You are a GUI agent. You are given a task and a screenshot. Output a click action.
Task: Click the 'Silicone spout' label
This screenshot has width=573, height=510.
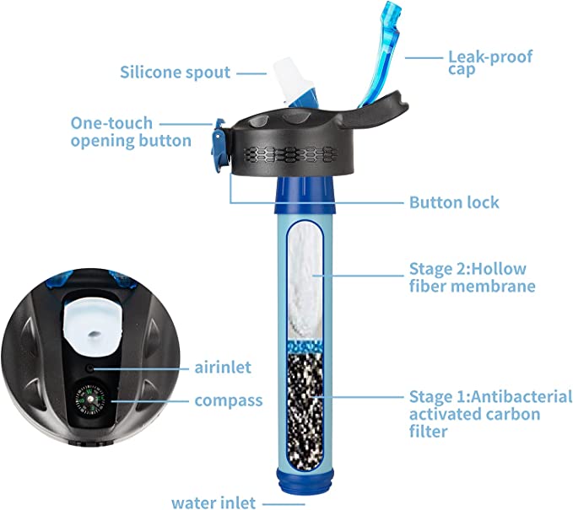point(175,72)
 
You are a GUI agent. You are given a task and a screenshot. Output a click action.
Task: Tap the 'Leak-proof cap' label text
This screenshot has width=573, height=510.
point(490,62)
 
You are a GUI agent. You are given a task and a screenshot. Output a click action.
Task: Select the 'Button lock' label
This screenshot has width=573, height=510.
point(454,202)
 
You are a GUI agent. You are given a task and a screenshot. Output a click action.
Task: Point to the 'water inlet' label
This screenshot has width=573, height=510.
point(214,502)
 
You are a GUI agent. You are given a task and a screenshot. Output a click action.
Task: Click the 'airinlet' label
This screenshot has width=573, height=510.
point(223,368)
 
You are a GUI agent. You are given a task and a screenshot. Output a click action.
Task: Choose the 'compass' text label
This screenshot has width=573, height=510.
point(229,400)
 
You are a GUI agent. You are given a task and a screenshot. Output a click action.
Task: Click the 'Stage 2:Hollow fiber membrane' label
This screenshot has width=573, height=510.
point(472,277)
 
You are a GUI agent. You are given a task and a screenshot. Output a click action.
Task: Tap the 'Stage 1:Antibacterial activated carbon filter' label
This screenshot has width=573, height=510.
point(490,414)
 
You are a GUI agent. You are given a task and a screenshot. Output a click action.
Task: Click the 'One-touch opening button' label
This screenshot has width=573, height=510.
point(131,132)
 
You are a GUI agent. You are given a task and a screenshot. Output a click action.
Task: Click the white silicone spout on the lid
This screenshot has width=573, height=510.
point(291,79)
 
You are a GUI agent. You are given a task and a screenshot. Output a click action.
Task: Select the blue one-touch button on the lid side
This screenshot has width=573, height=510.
point(219,145)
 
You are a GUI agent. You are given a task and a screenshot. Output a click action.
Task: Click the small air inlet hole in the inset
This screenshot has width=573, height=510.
point(90,368)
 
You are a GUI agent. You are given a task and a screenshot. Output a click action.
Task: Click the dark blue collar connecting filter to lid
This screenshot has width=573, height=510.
point(305,195)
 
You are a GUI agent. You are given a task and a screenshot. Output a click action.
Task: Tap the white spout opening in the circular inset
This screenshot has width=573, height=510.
point(93,327)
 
